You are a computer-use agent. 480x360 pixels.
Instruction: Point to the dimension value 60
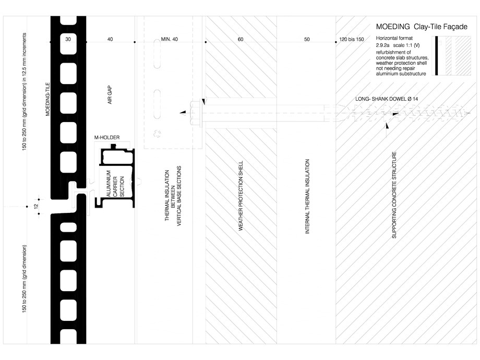coord(240,40)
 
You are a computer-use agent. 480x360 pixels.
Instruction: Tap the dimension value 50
coord(306,40)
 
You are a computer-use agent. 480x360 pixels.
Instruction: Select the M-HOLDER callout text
coord(107,138)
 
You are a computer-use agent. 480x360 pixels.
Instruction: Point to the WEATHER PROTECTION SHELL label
coord(241,196)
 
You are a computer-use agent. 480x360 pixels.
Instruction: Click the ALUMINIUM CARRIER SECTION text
coord(115,184)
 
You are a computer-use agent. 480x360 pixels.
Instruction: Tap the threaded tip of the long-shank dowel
coord(339,112)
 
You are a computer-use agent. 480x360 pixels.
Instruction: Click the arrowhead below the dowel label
coord(387,125)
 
